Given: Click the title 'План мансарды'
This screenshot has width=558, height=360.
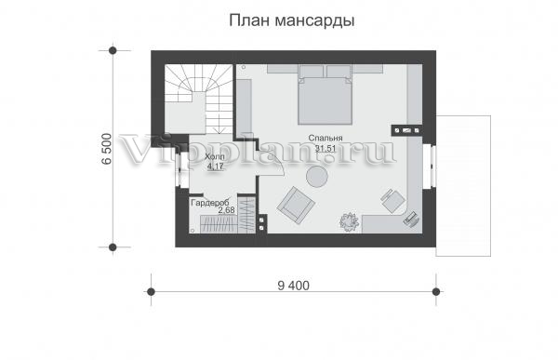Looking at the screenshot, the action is click(291, 20).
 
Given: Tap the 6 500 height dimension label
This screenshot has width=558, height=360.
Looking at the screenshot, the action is click(107, 149).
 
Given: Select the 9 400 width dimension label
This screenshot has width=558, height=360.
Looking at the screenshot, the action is click(294, 286).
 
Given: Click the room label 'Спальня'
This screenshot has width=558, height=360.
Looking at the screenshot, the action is click(325, 138).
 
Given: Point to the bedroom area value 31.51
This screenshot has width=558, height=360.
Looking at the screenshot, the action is click(325, 148).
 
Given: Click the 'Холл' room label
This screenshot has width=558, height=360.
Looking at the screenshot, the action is click(215, 156).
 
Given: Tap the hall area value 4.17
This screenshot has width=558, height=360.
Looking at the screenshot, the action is click(216, 166).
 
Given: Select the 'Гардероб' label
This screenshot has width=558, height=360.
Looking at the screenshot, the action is click(209, 203).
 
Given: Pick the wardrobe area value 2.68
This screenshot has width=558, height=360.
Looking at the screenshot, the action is click(226, 210).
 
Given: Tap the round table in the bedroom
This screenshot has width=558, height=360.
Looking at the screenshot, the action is click(317, 176).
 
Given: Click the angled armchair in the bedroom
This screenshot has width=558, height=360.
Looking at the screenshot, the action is click(296, 205).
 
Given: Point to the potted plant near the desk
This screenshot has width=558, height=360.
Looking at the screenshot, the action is click(349, 221).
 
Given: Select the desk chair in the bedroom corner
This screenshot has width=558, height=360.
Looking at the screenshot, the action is click(393, 201).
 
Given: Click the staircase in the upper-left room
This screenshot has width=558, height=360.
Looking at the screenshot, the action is click(199, 98).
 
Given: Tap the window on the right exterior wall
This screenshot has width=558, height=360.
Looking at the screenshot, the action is click(432, 166).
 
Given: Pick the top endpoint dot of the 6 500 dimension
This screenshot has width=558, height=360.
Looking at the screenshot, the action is click(113, 50).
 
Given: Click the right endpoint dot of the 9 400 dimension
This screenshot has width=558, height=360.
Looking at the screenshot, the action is click(436, 292).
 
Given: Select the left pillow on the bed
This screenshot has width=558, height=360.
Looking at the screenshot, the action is click(312, 72).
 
